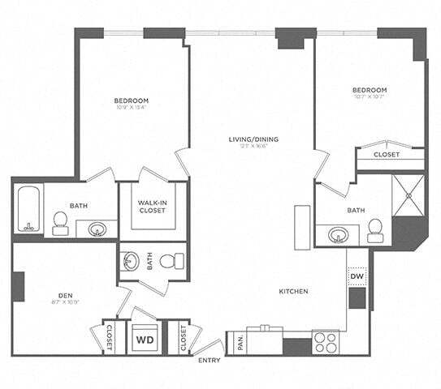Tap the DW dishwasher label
pyautogui.click(x=357, y=277)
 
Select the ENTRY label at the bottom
pyautogui.click(x=209, y=360)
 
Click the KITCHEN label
pyautogui.click(x=292, y=292)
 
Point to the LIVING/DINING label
pyautogui.click(x=253, y=139)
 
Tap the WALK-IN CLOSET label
pyautogui.click(x=152, y=206)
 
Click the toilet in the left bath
pyautogui.click(x=60, y=222)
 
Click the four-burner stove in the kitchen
pyautogui.click(x=326, y=342)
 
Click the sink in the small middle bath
pyautogui.click(x=132, y=261)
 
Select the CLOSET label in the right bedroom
pyautogui.click(x=385, y=154)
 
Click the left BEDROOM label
pyautogui.click(x=131, y=101)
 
